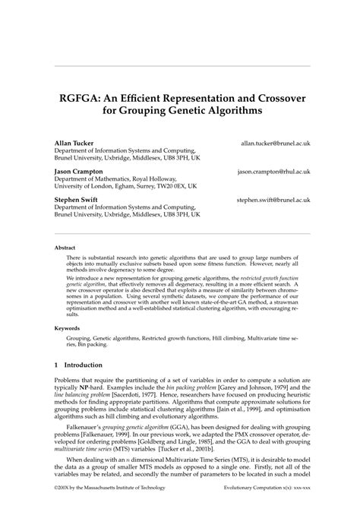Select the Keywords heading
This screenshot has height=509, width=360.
click(67, 328)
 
